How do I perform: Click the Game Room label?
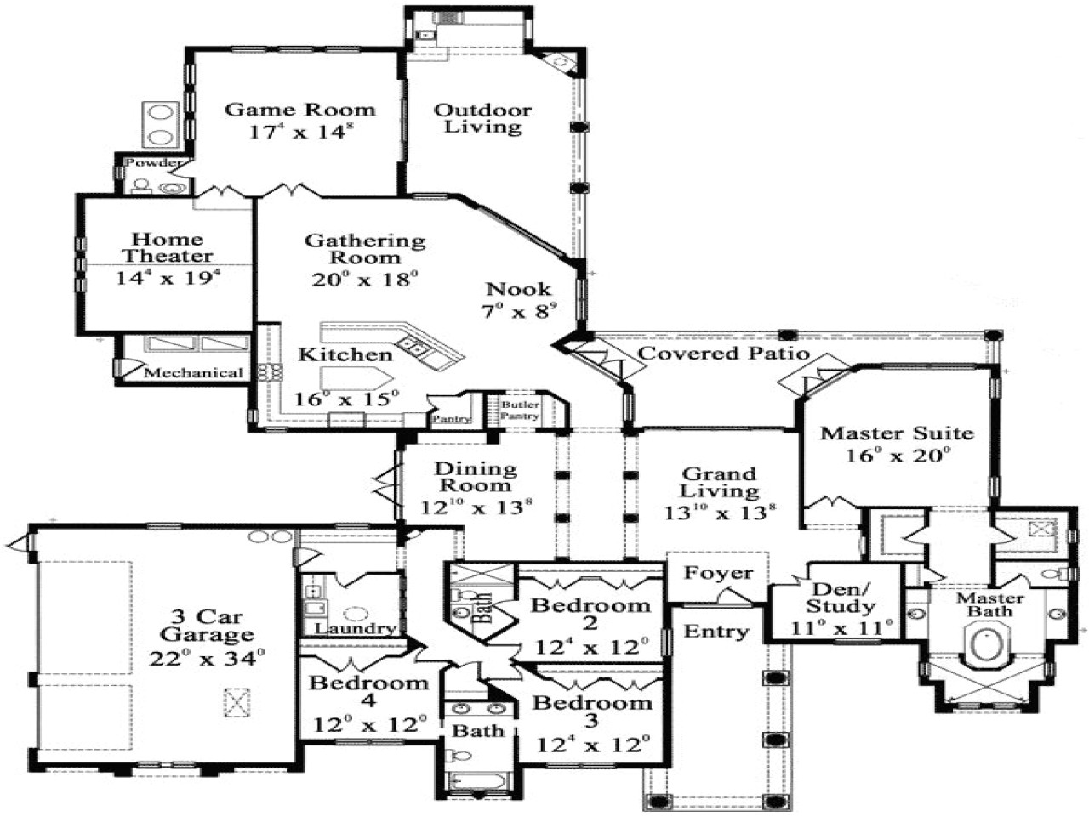coord(299,110)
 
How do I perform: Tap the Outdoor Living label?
coord(482,118)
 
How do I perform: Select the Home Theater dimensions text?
coord(168,277)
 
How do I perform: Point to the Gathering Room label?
coord(365,249)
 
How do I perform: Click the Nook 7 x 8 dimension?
coord(519,311)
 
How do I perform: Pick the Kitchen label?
coord(345,354)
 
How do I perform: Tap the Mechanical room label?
coord(194,372)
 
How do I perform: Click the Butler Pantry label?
coord(519,411)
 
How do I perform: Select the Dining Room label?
coord(475,477)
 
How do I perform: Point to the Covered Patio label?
coord(722,353)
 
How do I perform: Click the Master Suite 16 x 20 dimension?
coord(897,456)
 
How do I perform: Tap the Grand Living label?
coord(719,482)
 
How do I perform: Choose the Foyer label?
coord(719,573)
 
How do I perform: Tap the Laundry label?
coord(355,629)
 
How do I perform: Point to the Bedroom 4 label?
coord(368,691)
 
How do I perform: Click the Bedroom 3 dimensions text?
coord(592,745)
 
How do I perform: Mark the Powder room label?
coord(153,162)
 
